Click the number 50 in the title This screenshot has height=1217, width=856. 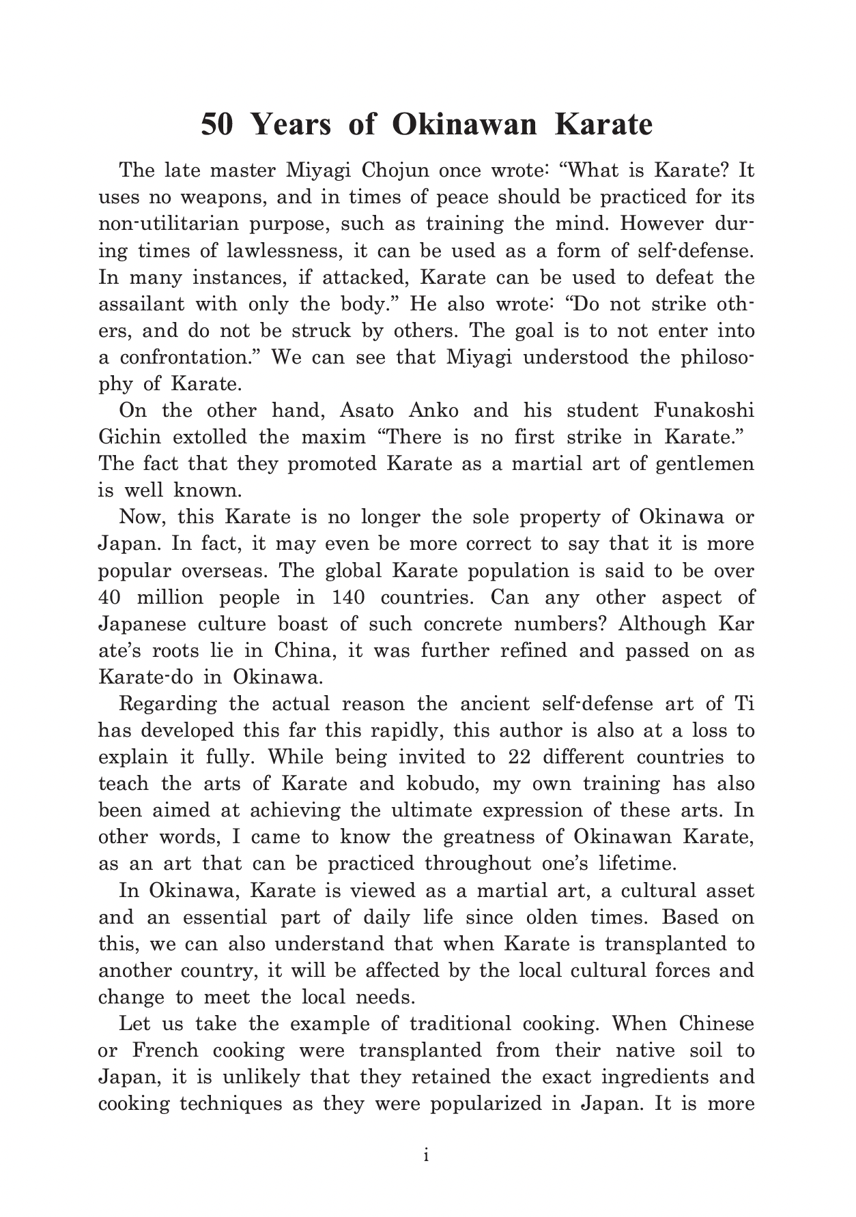point(218,126)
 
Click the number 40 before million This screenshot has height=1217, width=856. point(110,598)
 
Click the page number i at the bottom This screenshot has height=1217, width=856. point(426,1156)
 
